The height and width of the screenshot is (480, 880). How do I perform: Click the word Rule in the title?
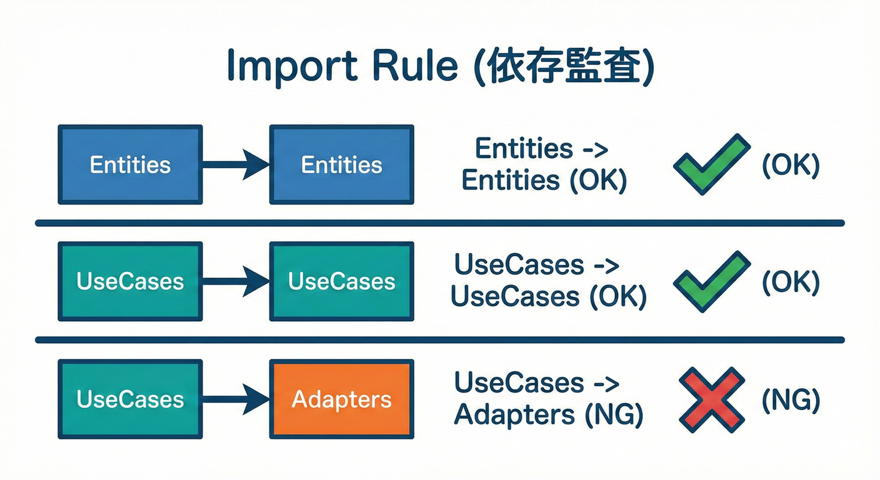pyautogui.click(x=414, y=66)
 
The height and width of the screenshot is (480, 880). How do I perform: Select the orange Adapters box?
pyautogui.click(x=341, y=399)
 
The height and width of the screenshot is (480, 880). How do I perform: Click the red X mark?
pyautogui.click(x=711, y=399)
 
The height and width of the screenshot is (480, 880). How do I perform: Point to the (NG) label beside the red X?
pyautogui.click(x=790, y=399)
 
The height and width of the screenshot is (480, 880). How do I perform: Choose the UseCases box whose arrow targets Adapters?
pyautogui.click(x=130, y=399)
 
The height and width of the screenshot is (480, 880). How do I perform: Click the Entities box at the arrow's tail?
pyautogui.click(x=130, y=164)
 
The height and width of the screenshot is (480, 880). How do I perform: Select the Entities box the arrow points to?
pyautogui.click(x=341, y=164)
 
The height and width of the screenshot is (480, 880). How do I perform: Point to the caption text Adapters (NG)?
pyautogui.click(x=547, y=414)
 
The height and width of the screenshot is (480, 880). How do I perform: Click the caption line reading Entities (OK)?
pyautogui.click(x=543, y=180)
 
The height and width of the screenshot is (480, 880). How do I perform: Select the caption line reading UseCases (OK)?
pyautogui.click(x=547, y=297)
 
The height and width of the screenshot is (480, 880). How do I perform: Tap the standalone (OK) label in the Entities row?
pyautogui.click(x=790, y=165)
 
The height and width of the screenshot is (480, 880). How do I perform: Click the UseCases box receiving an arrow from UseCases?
pyautogui.click(x=341, y=281)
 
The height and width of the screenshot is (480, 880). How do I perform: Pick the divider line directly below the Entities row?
pyautogui.click(x=440, y=222)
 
